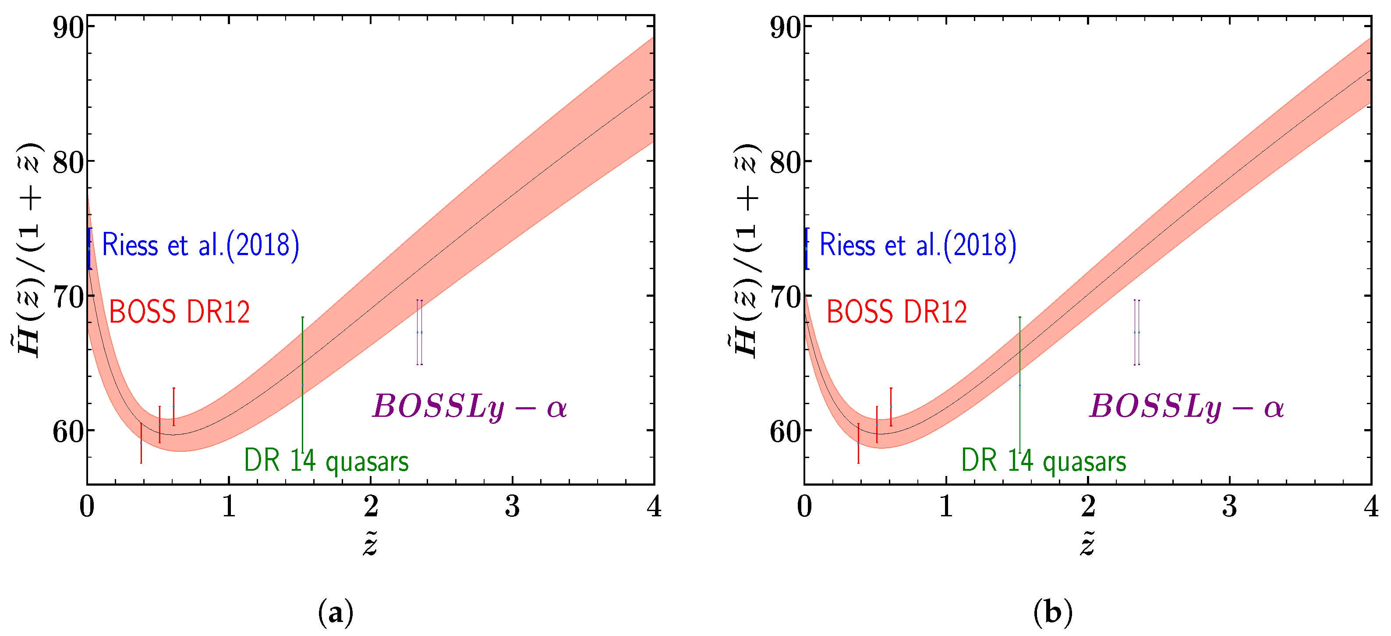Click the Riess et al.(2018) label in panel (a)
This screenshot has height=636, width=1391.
200,245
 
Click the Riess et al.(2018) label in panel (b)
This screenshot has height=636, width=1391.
917,245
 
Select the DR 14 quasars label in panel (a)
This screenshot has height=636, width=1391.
326,461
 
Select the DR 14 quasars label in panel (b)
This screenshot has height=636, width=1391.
1043,461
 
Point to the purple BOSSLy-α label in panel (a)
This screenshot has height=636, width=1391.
469,406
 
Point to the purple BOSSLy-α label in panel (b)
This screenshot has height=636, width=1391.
1186,406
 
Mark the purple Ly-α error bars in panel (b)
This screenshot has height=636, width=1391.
1136,332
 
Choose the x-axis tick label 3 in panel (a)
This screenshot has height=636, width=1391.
512,506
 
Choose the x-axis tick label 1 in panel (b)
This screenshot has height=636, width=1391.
946,506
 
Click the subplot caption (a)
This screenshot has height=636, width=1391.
336,613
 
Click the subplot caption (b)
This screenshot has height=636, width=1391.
1053,613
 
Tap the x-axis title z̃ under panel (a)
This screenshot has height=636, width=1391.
370,543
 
